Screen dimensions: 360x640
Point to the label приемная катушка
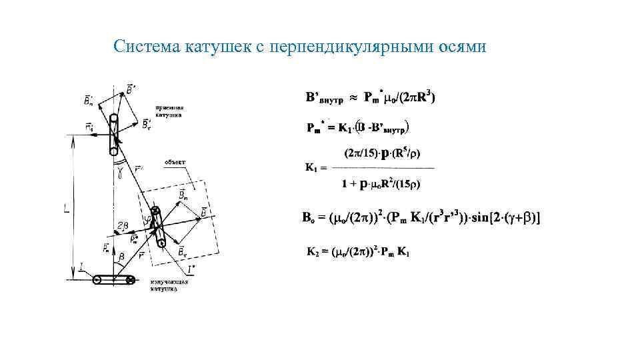[170, 111]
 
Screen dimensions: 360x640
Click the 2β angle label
[122, 226]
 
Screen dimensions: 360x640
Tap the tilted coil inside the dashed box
[159, 227]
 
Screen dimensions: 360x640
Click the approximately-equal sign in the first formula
[354, 98]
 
